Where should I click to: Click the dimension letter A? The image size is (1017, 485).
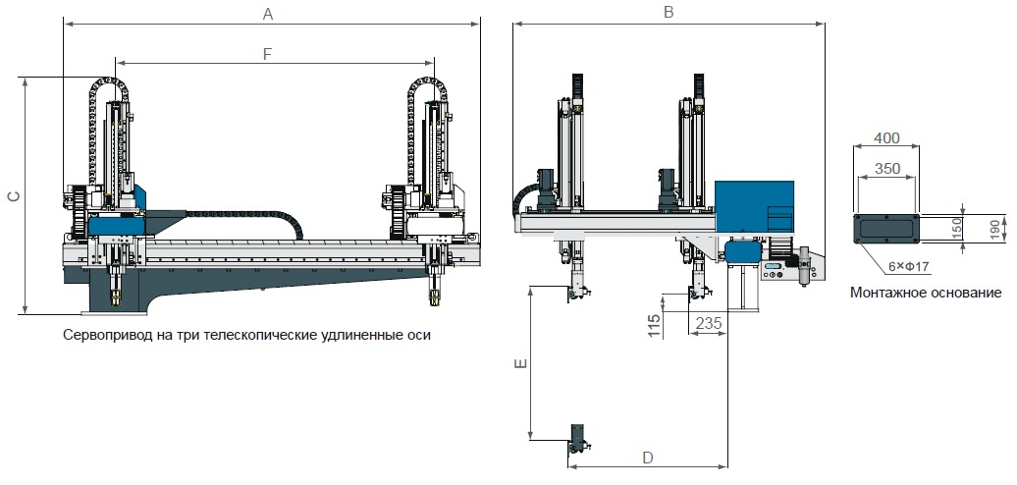[x=268, y=14]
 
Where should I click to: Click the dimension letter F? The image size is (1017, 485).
[x=267, y=54]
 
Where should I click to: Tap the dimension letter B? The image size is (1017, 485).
[x=669, y=12]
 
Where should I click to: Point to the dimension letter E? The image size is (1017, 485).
[x=520, y=364]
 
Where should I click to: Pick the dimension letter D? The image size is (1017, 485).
[x=647, y=458]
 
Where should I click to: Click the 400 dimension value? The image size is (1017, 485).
[x=886, y=137]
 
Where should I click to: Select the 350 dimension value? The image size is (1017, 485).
[x=886, y=169]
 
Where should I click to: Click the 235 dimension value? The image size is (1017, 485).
[x=708, y=322]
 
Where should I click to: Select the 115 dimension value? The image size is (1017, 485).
[x=655, y=326]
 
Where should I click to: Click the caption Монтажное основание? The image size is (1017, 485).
[x=926, y=293]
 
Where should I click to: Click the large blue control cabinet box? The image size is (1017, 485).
[x=754, y=206]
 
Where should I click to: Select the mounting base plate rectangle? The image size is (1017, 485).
[x=886, y=229]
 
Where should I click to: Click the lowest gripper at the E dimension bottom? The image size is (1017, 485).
[x=579, y=440]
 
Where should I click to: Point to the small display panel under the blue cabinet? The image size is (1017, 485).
[x=774, y=266]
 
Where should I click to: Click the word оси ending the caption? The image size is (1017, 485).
[x=419, y=336]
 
